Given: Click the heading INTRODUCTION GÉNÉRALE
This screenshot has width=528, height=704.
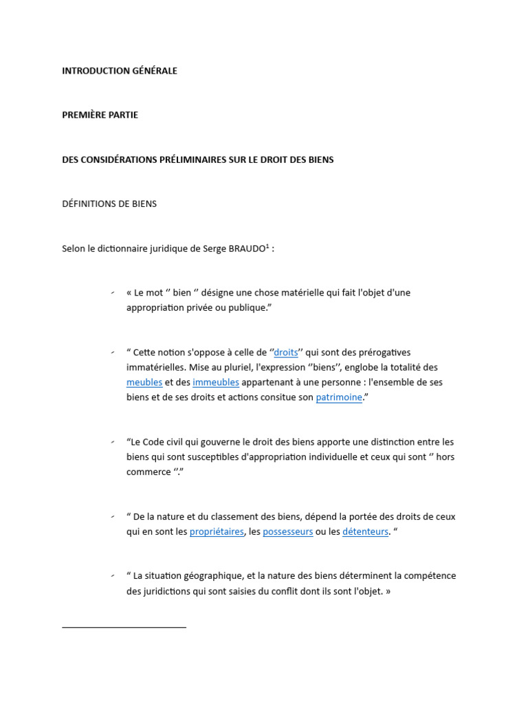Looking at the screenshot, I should click(120, 71).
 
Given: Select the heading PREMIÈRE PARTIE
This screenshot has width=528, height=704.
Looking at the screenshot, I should click(100, 115).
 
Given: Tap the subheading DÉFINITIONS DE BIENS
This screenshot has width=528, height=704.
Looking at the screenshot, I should click(109, 204).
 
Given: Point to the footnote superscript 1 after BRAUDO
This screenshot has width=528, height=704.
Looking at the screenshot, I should click(267, 245).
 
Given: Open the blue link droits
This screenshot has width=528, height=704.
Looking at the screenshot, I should click(286, 353).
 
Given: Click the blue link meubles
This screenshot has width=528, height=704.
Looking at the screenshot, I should click(144, 382).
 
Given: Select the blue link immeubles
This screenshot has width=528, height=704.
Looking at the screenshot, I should click(216, 382).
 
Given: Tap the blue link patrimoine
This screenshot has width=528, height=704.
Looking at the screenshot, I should click(339, 397).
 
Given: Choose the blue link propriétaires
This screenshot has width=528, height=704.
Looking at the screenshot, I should click(217, 531).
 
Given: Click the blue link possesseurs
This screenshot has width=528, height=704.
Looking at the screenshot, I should click(288, 531).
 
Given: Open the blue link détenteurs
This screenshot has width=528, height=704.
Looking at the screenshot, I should click(365, 531).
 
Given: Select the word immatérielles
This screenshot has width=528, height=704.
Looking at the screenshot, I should click(156, 368).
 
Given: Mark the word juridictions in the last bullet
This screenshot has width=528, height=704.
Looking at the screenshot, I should click(170, 591).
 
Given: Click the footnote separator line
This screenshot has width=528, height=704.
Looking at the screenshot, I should click(124, 627).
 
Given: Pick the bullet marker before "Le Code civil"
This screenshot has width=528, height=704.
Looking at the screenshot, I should click(112, 442).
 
